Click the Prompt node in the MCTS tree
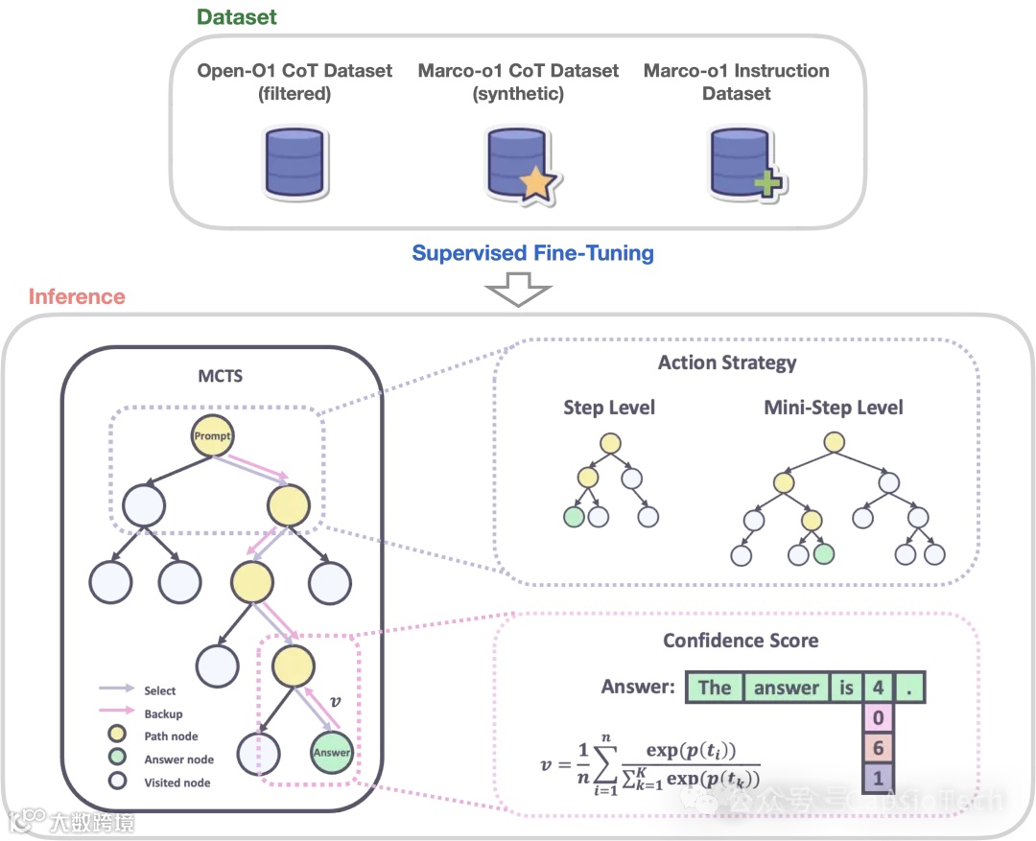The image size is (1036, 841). point(213,436)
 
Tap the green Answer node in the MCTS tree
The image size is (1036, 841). point(331,753)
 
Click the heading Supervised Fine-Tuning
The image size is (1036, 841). point(533,253)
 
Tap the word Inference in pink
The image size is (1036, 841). point(77,295)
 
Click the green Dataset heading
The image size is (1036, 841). point(237,16)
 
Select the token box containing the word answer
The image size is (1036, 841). point(787,687)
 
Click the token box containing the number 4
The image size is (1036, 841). point(878,687)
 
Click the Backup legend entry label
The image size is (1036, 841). point(163,713)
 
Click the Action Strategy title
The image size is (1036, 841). point(727,362)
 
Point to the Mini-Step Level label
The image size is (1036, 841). point(834,408)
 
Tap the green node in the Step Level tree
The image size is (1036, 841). point(574,518)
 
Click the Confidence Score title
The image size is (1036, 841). point(741,640)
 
